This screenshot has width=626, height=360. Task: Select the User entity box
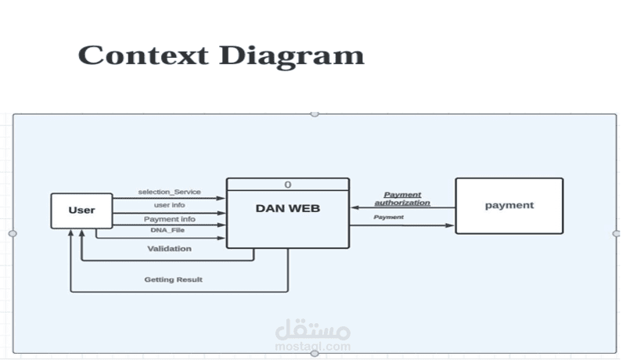tap(81, 211)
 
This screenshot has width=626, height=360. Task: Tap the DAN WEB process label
tap(287, 208)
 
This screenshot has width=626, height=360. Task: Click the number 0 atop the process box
tap(288, 185)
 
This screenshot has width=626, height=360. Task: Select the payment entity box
tap(509, 205)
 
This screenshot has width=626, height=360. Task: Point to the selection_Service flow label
tap(169, 192)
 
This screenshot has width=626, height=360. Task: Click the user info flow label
tap(169, 205)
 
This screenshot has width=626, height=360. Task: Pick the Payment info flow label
tap(169, 219)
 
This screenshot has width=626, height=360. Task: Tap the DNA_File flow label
tap(167, 230)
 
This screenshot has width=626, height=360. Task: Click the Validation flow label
tap(169, 249)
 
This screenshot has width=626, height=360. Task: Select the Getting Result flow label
tap(173, 279)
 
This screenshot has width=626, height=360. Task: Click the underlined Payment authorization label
tap(402, 199)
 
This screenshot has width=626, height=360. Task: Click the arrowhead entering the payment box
tap(451, 225)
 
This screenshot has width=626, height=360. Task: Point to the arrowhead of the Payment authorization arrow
tap(354, 207)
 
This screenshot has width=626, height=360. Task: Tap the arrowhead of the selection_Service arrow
tap(223, 198)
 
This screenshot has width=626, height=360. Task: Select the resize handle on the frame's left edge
tap(13, 233)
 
